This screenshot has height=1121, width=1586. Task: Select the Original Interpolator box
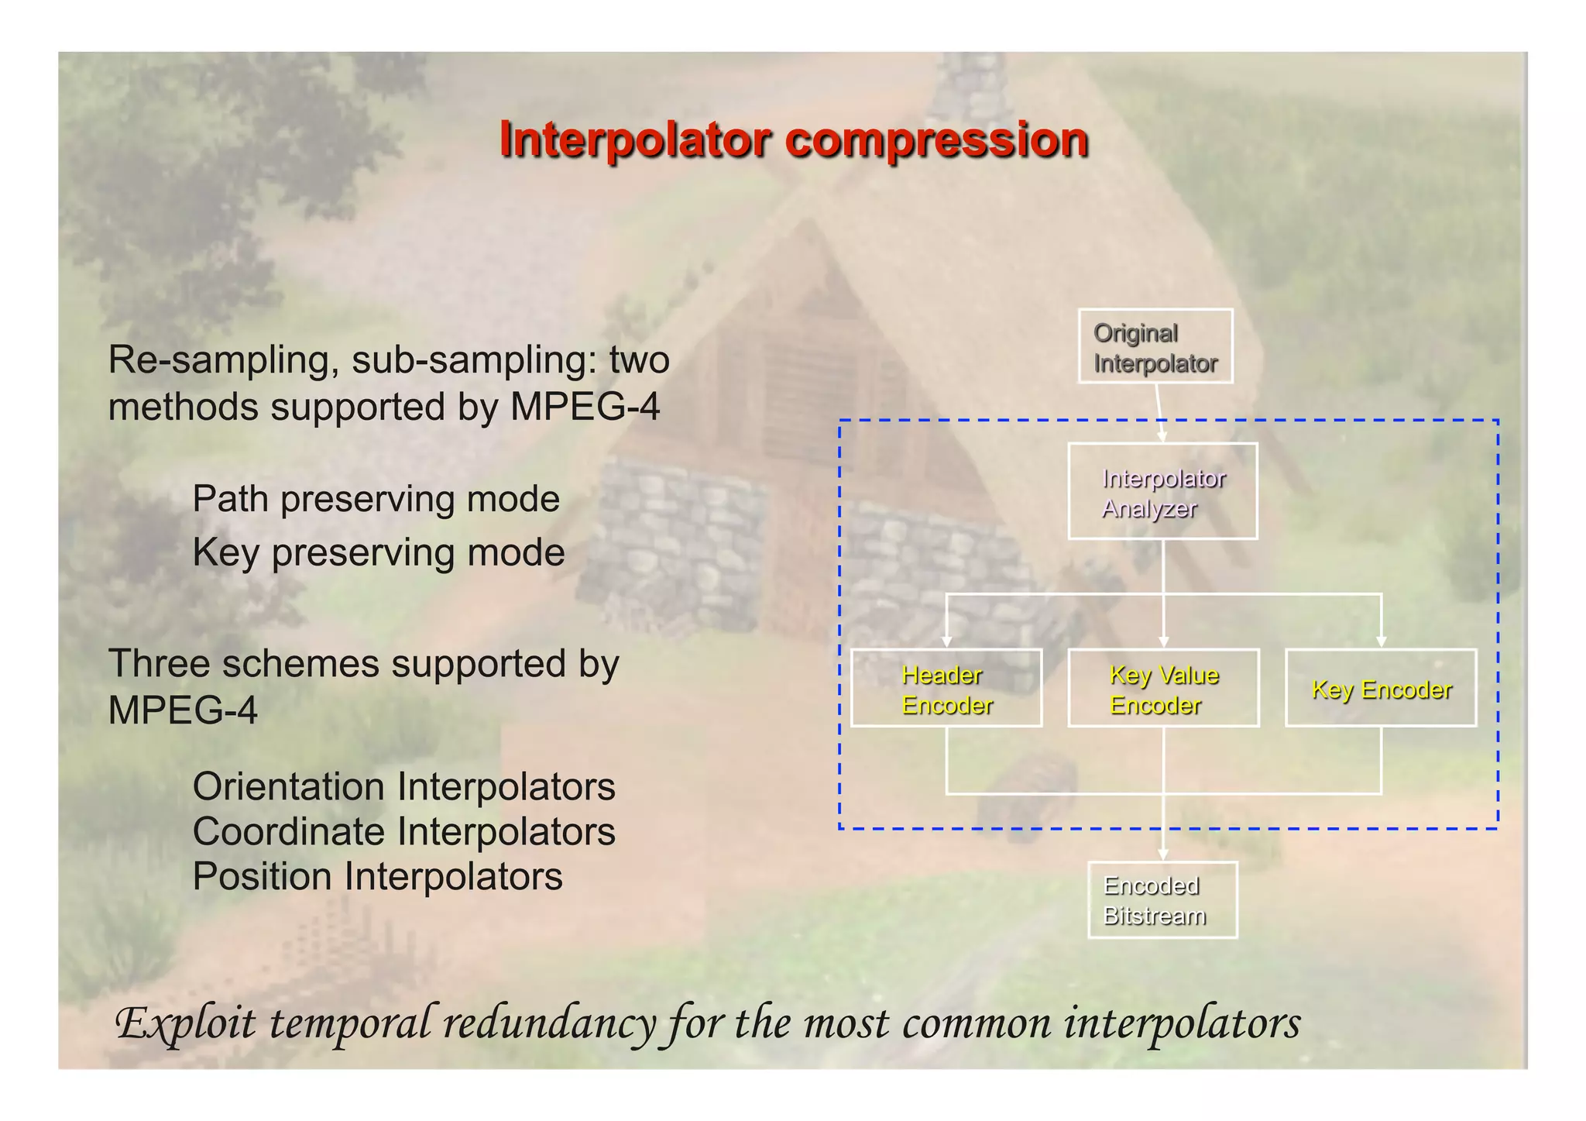tap(1155, 346)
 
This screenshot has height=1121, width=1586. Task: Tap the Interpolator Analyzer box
tap(1162, 491)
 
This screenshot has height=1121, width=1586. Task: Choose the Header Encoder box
tap(946, 688)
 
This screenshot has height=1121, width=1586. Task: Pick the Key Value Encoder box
tap(1163, 688)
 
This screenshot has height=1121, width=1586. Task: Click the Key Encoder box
tap(1381, 688)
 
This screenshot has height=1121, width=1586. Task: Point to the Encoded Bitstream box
tap(1162, 899)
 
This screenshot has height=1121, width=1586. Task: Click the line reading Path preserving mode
tap(376, 499)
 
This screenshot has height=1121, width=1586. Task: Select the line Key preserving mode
tap(378, 552)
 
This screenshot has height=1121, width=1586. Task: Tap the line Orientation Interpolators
tap(403, 786)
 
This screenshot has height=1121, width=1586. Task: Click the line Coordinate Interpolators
tap(403, 831)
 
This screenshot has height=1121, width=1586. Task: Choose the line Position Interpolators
tap(377, 876)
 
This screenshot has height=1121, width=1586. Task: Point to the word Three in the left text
tap(157, 664)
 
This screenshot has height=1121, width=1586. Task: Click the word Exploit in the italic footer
tap(186, 1023)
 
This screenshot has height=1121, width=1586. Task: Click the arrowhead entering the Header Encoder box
tap(946, 641)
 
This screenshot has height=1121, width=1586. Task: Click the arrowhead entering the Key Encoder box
tap(1381, 641)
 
